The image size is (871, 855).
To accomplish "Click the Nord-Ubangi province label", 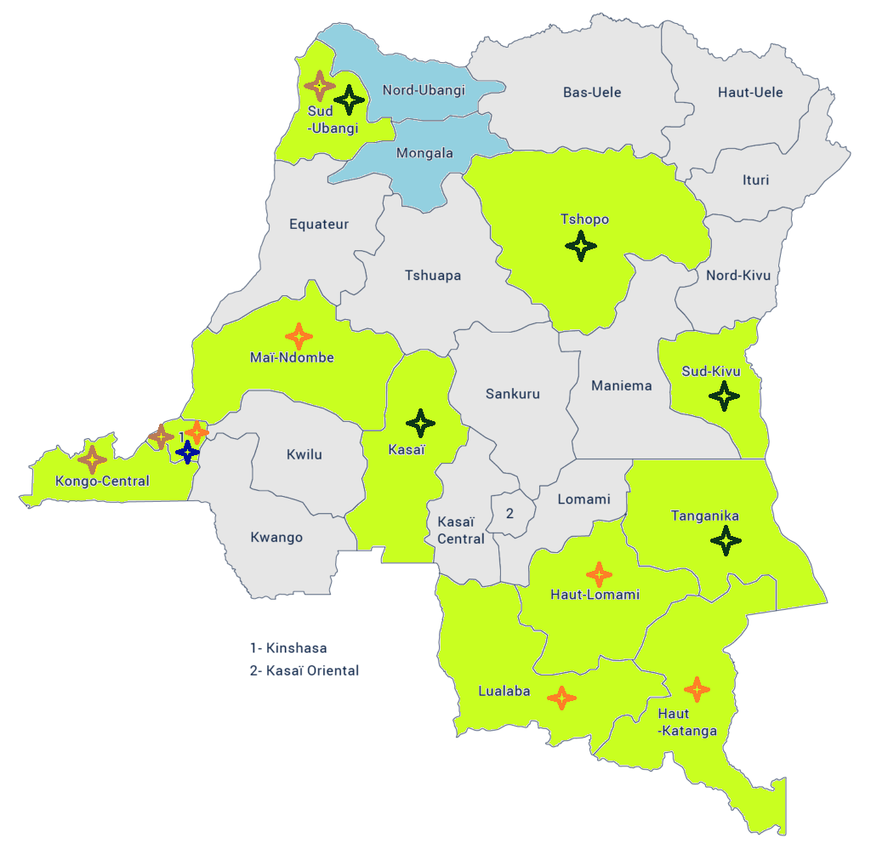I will pos(424,90).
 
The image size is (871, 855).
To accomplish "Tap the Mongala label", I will pos(424,154).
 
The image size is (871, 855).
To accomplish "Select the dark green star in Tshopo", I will pos(581,247).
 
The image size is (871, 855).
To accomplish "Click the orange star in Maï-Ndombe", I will pos(299,336).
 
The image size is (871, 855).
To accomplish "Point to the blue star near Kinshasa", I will pos(187,451).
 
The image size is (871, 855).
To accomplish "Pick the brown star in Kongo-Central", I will pos(92,459).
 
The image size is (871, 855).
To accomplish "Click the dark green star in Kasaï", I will pos(420,423).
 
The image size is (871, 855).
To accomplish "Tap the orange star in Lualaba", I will pos(561,698).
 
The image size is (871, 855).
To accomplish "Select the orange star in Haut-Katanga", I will pos(697,689).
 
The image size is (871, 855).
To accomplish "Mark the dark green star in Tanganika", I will pos(726,540).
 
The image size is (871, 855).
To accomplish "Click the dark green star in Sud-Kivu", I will pos(724,396).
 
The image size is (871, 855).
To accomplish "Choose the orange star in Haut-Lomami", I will pos(600,574).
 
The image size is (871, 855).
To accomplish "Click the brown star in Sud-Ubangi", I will pos(320,85).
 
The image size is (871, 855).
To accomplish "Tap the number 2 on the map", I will pos(510,513).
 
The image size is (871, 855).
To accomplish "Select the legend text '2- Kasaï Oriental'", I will pos(305,670).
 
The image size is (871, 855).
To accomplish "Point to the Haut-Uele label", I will pos(750,92).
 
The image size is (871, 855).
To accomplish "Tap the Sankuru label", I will pos(512,394).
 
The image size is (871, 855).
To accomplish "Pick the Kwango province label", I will pos(276,538).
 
